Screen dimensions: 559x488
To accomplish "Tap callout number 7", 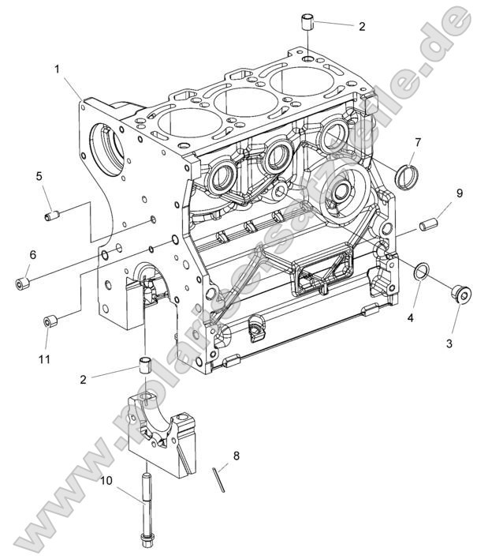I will click(418, 142).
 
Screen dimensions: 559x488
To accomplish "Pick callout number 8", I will click(234, 456).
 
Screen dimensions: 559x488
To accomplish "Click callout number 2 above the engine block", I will click(362, 26).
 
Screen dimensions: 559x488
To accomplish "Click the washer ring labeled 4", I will click(422, 273).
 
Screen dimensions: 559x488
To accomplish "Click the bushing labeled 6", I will click(24, 281).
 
